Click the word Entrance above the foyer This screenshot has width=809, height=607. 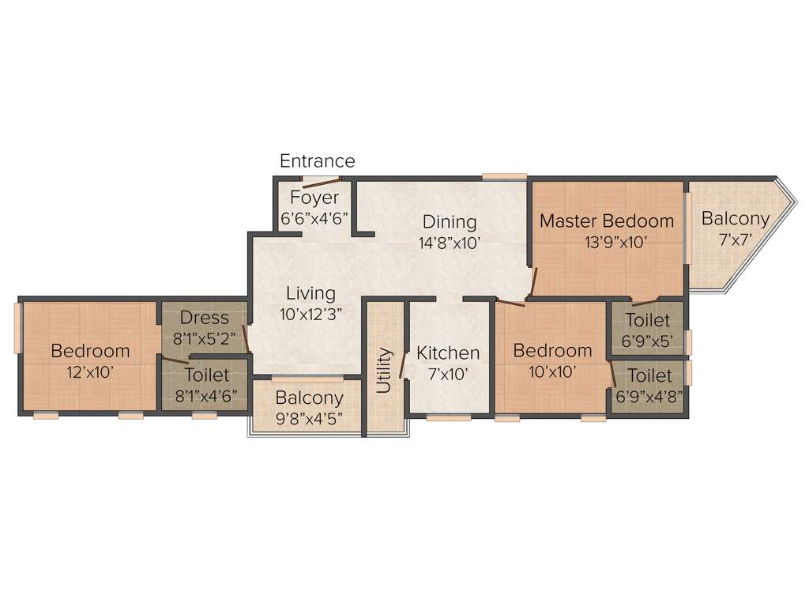pyautogui.click(x=318, y=161)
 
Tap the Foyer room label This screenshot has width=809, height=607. pyautogui.click(x=314, y=198)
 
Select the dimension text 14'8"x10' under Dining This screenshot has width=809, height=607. pyautogui.click(x=450, y=243)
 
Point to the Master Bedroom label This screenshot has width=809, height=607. pyautogui.click(x=607, y=221)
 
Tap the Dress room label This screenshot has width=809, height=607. pyautogui.click(x=204, y=318)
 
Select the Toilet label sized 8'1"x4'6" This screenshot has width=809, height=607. pyautogui.click(x=206, y=375)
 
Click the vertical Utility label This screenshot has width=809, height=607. pyautogui.click(x=384, y=370)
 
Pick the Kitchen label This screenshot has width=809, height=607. pyautogui.click(x=448, y=353)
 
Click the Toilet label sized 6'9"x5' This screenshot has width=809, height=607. pyautogui.click(x=648, y=320)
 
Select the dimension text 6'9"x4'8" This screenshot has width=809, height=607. pyautogui.click(x=649, y=395)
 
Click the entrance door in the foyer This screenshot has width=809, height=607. pyautogui.click(x=314, y=182)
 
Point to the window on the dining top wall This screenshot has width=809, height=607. pyautogui.click(x=505, y=176)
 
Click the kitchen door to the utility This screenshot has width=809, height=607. pyautogui.click(x=403, y=364)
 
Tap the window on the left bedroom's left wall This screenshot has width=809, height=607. pyautogui.click(x=17, y=328)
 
